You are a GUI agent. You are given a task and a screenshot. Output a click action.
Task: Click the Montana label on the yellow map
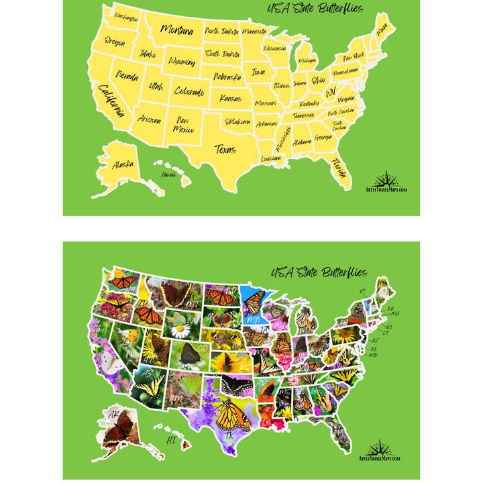177,30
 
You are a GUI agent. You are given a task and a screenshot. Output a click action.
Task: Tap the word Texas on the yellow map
225,149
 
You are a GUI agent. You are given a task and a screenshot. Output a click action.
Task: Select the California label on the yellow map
111,101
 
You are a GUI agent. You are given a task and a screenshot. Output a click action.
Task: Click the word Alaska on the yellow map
123,164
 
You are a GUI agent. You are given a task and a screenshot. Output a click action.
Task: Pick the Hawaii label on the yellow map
168,175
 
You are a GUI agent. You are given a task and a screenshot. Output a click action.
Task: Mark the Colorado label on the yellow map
189,91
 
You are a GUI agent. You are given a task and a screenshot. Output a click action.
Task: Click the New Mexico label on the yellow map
182,125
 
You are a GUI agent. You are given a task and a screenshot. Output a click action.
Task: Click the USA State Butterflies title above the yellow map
315,9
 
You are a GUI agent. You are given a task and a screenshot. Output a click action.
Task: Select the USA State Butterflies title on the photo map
319,272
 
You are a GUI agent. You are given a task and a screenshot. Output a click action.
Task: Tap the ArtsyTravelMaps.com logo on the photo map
379,450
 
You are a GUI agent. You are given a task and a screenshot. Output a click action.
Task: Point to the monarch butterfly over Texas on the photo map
232,414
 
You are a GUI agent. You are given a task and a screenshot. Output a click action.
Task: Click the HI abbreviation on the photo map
170,441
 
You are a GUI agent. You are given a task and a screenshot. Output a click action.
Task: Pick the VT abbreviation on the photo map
363,291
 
